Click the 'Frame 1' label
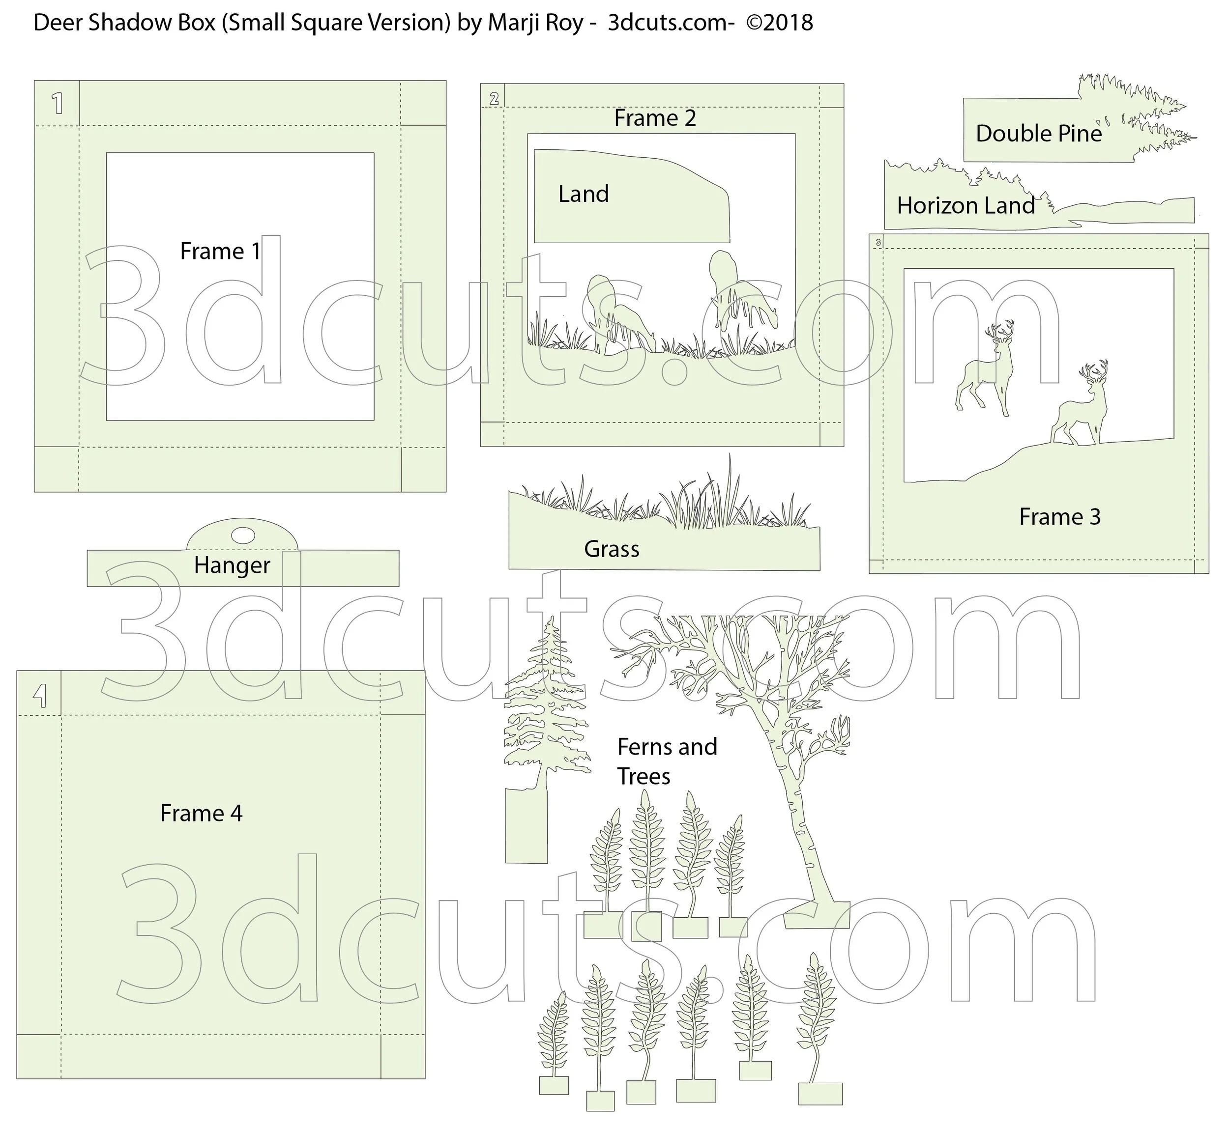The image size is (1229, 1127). (x=220, y=251)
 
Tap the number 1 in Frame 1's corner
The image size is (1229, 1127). (x=58, y=103)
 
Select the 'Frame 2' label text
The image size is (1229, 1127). (x=655, y=118)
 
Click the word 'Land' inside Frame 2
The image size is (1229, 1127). (x=584, y=194)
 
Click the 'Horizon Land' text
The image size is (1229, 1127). (x=966, y=205)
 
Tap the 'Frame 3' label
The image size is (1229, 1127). (x=1059, y=516)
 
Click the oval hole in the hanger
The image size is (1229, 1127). (x=243, y=535)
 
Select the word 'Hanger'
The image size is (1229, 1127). (x=232, y=565)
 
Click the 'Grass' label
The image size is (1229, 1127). (x=612, y=549)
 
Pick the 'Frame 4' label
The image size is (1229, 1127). (x=202, y=813)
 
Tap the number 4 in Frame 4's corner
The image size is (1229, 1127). (x=40, y=695)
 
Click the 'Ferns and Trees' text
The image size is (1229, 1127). (x=667, y=761)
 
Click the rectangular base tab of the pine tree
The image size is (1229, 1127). (x=526, y=826)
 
